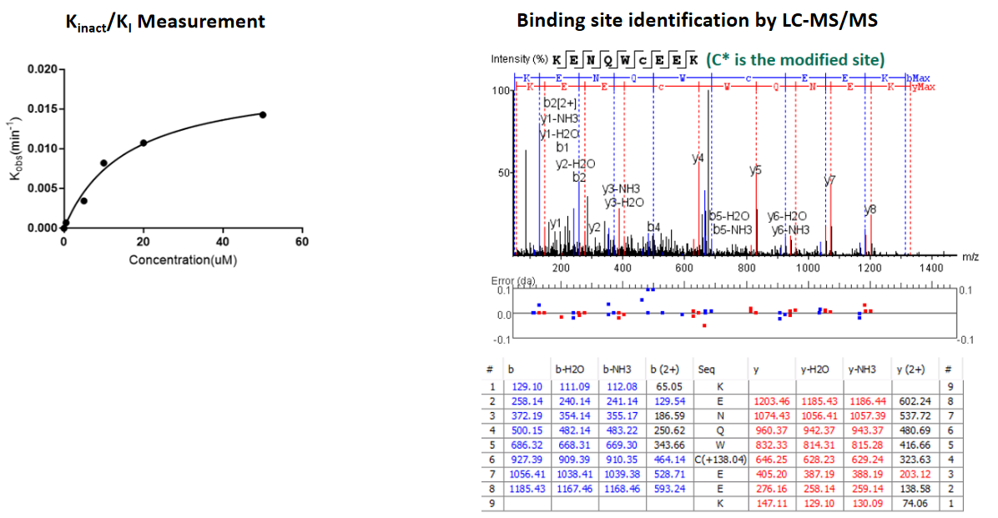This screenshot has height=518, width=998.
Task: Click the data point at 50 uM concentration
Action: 262,114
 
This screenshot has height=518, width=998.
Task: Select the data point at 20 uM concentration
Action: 144,143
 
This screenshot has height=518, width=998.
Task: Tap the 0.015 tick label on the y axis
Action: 43,109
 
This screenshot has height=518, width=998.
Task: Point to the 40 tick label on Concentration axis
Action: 223,243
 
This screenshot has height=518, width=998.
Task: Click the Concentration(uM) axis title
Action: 182,260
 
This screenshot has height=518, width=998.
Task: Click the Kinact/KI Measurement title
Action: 165,21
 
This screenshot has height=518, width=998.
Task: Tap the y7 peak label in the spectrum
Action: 829,179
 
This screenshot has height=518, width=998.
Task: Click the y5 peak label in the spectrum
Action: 755,170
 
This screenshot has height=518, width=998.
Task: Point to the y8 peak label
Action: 869,209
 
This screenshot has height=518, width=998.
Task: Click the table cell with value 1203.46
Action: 770,402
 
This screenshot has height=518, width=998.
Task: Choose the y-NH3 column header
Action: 863,368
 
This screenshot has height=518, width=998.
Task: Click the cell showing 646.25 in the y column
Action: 770,459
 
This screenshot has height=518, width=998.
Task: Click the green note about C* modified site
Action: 795,59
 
